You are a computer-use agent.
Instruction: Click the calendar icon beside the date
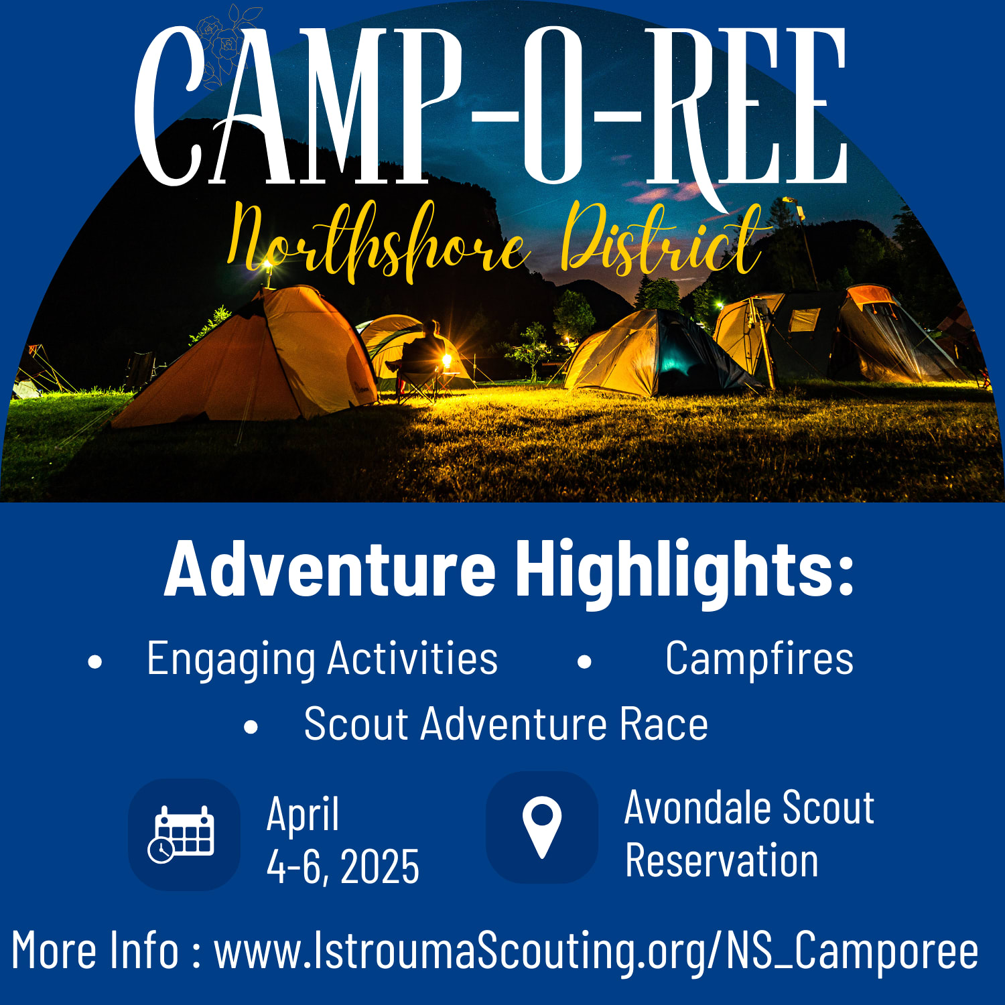[181, 834]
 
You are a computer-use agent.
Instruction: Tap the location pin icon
[541, 827]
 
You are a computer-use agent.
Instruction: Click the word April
[303, 815]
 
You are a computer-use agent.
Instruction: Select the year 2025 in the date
[380, 866]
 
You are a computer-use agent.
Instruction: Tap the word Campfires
[760, 659]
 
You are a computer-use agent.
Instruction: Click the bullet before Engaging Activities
[95, 662]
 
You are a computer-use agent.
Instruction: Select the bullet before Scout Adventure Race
[251, 727]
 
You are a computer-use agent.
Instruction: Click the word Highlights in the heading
[683, 570]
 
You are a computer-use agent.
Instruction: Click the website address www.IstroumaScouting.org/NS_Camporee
[596, 951]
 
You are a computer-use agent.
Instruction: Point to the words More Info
[95, 949]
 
